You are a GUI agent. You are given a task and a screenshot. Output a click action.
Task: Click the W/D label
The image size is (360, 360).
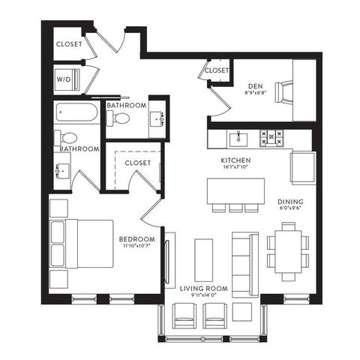click(64, 79)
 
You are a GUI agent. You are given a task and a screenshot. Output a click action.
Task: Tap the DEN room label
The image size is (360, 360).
click(256, 86)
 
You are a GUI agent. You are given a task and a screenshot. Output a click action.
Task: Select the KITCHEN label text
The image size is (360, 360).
click(235, 160)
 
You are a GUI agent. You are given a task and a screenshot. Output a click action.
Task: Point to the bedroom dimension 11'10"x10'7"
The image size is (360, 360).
click(136, 245)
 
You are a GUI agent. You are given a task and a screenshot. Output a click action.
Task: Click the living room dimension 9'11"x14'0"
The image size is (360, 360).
click(204, 295)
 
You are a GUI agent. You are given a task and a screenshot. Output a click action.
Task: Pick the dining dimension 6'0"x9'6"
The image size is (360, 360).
click(290, 208)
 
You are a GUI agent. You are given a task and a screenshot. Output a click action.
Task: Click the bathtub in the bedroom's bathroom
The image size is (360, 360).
click(76, 112)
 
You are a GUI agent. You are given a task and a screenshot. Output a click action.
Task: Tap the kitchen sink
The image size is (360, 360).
click(238, 139)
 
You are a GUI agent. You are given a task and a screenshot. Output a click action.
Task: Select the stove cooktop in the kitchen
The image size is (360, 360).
click(271, 138)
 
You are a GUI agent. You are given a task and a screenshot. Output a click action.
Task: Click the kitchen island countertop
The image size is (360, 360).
click(235, 190)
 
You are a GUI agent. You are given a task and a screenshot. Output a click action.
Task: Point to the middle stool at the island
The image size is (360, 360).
click(235, 208)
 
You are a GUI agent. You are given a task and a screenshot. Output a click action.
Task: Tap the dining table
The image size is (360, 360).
click(288, 251)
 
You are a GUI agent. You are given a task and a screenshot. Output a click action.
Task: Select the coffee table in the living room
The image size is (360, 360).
click(204, 260)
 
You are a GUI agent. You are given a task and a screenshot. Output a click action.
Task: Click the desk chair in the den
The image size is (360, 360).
click(284, 92)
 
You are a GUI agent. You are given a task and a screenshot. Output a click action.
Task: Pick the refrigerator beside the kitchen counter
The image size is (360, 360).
click(303, 168)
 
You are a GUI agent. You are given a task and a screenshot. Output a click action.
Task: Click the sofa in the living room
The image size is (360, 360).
click(245, 265)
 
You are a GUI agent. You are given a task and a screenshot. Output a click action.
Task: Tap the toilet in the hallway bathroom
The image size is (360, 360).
click(118, 118)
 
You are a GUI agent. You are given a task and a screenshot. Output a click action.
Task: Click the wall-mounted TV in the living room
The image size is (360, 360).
click(167, 262)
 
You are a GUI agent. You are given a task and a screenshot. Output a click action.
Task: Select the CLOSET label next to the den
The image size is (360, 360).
click(217, 70)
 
